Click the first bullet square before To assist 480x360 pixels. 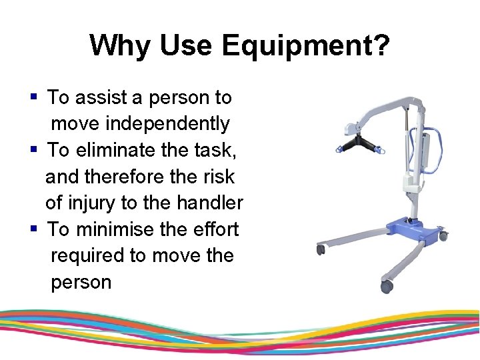coord(33,97)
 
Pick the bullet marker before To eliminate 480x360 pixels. coord(33,150)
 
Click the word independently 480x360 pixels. coord(140,124)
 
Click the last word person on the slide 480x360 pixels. coord(81,282)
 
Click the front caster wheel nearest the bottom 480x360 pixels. coord(386,285)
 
